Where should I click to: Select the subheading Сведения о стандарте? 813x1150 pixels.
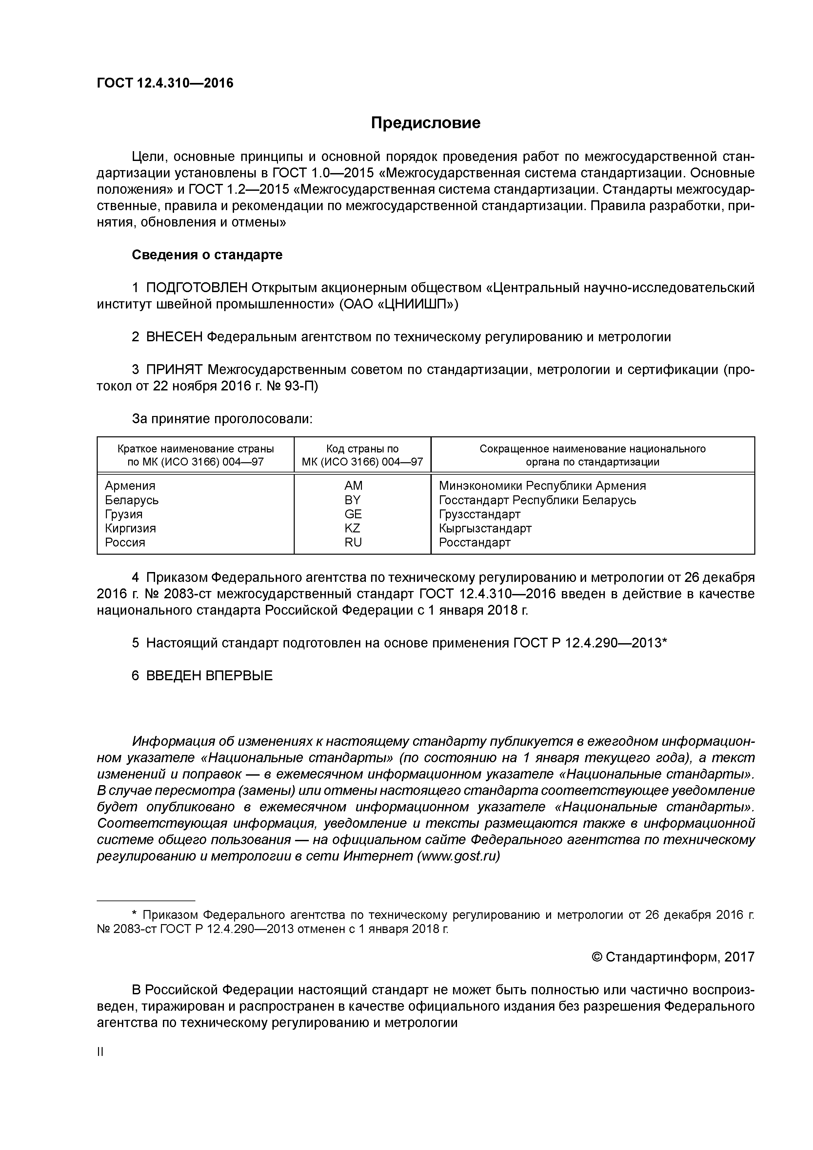click(207, 255)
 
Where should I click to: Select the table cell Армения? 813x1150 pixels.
click(130, 486)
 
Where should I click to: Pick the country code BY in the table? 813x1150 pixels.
click(353, 500)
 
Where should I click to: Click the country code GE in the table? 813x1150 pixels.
click(353, 514)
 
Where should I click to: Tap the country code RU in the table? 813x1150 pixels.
click(353, 543)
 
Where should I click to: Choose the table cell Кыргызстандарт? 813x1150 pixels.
click(485, 528)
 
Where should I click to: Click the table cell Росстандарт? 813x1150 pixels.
click(474, 543)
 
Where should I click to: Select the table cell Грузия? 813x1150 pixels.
click(123, 514)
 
